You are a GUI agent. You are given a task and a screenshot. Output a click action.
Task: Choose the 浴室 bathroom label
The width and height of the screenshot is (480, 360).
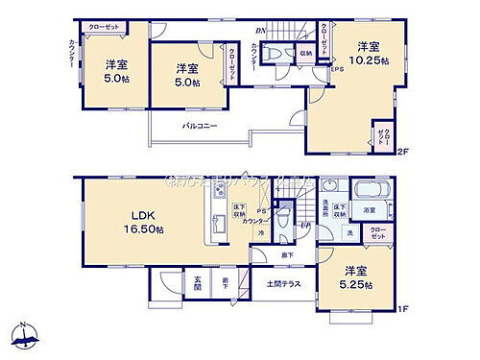click(369, 209)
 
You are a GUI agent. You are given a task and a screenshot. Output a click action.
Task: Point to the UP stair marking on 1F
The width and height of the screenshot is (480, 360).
click(304, 224)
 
